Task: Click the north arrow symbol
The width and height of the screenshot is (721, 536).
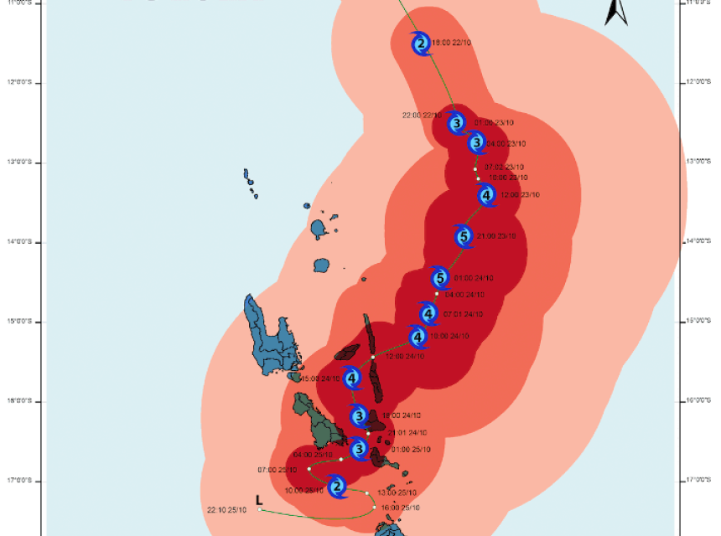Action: click(616, 12)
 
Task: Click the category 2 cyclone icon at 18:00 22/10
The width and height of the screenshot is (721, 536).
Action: click(421, 43)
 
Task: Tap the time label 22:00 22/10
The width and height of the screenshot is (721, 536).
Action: click(422, 115)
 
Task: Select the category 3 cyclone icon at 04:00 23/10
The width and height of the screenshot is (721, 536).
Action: click(477, 143)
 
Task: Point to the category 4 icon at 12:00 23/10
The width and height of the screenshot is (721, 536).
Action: click(486, 195)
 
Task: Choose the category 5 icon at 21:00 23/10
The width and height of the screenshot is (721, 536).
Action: click(464, 236)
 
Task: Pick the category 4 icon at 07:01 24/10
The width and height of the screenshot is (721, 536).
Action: click(428, 314)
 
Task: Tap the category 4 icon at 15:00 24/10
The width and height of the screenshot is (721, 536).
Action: click(352, 379)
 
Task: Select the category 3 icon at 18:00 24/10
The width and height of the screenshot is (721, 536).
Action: click(359, 415)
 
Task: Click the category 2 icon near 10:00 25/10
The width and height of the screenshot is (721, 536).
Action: click(336, 487)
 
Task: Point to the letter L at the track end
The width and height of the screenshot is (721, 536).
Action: click(259, 499)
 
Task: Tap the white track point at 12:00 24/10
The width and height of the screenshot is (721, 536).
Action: click(373, 357)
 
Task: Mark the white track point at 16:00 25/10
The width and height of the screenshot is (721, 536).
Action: click(375, 507)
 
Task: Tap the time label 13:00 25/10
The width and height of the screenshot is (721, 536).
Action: click(397, 492)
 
